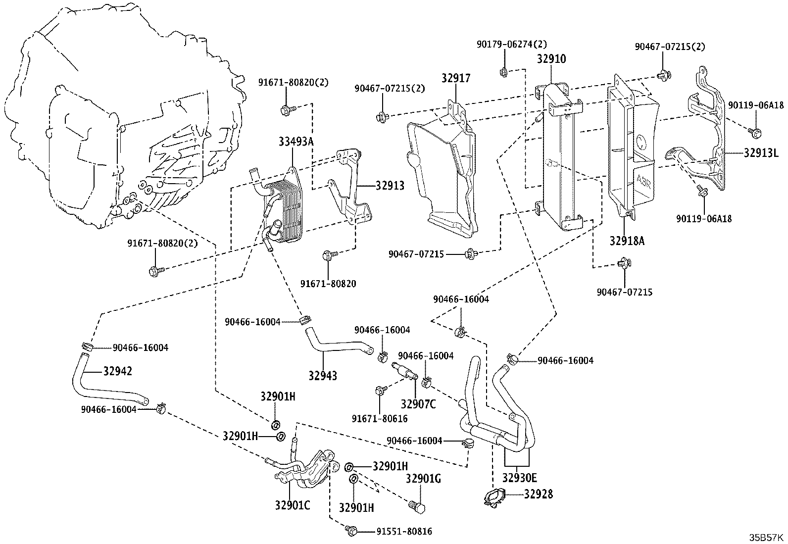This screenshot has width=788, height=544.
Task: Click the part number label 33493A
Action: [x=296, y=142]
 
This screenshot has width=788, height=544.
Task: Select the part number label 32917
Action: [x=456, y=78]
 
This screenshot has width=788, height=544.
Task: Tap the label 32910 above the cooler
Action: [x=551, y=59]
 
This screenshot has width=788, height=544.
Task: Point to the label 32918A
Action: [x=627, y=241]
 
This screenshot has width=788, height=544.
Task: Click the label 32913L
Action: [x=761, y=152]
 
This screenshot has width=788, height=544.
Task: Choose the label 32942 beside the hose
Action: [x=117, y=371]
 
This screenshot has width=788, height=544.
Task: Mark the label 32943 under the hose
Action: [x=323, y=376]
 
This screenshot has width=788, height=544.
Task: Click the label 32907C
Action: [x=418, y=404]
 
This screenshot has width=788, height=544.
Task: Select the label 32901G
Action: [x=423, y=479]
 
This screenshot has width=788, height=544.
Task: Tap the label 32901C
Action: [x=293, y=505]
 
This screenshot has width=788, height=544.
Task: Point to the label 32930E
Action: [x=520, y=478]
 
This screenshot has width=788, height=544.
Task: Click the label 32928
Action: [x=539, y=494]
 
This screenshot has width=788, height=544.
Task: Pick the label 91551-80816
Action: [x=404, y=531]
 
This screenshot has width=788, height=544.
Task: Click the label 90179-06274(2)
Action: [x=512, y=45]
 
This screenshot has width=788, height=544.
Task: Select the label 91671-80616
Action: [x=380, y=418]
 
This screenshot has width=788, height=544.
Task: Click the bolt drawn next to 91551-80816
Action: [x=351, y=531]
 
